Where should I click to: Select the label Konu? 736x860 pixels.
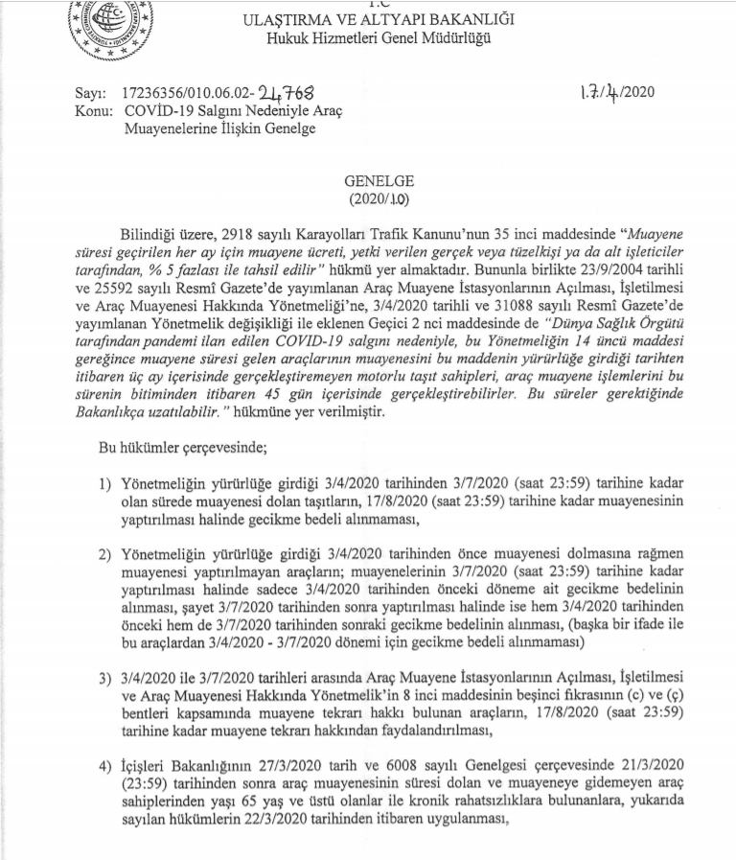[93, 111]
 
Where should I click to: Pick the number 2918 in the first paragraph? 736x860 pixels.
[241, 234]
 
